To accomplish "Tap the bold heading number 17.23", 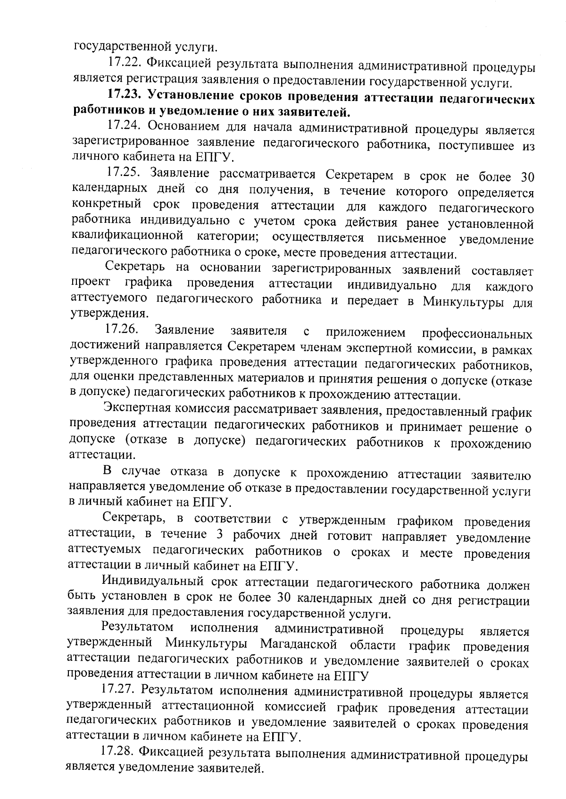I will click(124, 94).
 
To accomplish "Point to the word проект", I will click(91, 283).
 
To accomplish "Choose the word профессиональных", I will click(477, 334).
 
